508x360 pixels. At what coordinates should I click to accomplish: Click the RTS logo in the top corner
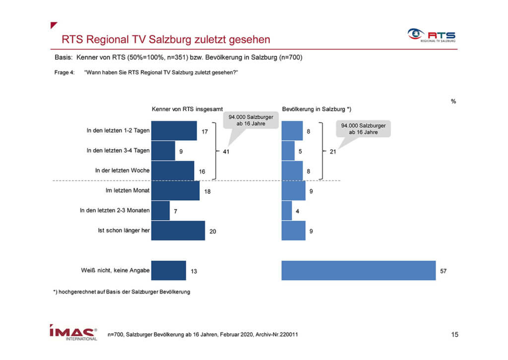tap(432, 35)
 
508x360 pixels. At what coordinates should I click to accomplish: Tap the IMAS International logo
tap(73, 333)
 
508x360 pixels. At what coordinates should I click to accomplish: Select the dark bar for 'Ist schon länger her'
tap(178, 231)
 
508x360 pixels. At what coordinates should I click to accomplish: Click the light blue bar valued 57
tap(358, 270)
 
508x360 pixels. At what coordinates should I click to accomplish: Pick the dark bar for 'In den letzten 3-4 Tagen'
tap(163, 151)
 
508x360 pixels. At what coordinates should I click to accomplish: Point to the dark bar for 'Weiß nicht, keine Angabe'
tap(169, 270)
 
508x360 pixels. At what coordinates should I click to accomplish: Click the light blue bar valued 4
tap(287, 210)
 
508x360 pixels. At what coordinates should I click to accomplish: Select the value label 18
tap(207, 192)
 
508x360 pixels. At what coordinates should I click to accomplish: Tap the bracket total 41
tap(226, 152)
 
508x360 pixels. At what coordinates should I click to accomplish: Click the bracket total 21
tap(333, 152)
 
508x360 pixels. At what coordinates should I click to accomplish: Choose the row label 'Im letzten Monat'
tap(127, 190)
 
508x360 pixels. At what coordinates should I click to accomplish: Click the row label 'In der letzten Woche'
tap(122, 170)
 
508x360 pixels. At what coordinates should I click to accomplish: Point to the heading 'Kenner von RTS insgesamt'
tap(187, 109)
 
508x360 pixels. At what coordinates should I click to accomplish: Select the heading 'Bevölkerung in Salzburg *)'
tap(317, 109)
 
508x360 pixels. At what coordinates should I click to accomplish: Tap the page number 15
tap(454, 334)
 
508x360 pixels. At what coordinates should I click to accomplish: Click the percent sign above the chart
tap(453, 101)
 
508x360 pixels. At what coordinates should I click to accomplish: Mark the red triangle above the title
tap(54, 25)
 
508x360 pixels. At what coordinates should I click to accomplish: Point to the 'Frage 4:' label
tap(64, 72)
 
